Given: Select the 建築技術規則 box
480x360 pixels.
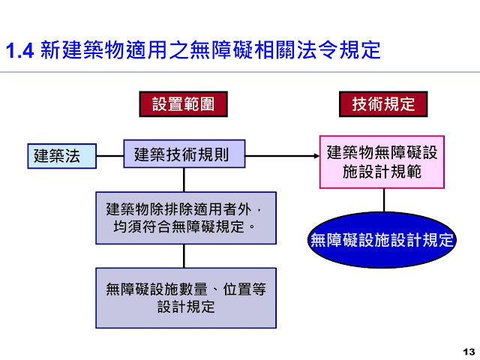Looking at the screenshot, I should [184, 155].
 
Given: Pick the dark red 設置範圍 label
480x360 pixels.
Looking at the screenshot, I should [183, 103].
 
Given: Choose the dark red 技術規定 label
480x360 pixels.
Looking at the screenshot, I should [383, 103].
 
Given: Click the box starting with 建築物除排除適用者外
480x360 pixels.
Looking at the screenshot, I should [185, 217].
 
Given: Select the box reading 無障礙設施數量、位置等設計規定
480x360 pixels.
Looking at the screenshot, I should [185, 298].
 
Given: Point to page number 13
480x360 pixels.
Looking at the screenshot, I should [469, 352].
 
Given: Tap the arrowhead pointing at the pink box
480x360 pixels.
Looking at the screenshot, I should [315, 156].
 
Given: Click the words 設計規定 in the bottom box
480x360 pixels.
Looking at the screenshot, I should [186, 307].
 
